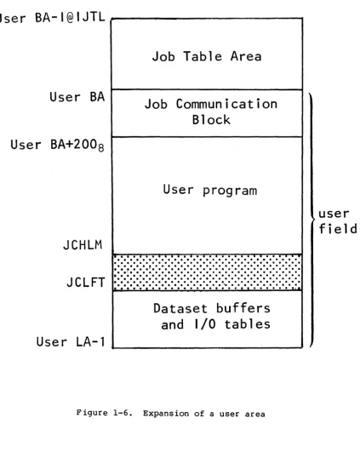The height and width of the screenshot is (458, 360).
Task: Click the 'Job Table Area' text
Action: (x=207, y=56)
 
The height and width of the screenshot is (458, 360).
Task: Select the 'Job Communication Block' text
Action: (x=211, y=112)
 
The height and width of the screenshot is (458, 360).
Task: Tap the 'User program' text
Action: (x=210, y=191)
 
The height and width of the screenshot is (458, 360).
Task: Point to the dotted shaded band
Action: (x=208, y=272)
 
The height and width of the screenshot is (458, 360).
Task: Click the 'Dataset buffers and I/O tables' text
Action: (x=212, y=317)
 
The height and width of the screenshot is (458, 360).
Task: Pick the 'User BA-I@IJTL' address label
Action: (x=52, y=18)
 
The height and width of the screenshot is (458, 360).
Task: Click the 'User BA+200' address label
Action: (x=57, y=146)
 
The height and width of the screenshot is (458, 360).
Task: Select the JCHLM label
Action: (x=83, y=245)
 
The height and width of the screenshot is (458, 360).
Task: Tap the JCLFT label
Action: (x=86, y=282)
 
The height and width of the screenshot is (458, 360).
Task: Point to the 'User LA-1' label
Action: (x=71, y=341)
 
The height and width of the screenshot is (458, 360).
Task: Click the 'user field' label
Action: (x=338, y=221)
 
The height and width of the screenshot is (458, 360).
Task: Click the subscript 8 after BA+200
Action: (x=100, y=148)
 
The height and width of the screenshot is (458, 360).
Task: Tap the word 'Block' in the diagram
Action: (x=211, y=120)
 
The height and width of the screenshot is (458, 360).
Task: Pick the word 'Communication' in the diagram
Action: (x=226, y=104)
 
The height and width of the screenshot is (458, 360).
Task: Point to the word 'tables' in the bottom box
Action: (x=248, y=324)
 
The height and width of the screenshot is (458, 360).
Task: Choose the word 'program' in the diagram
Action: (x=230, y=191)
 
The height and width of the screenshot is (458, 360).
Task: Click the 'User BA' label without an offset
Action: (x=77, y=97)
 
